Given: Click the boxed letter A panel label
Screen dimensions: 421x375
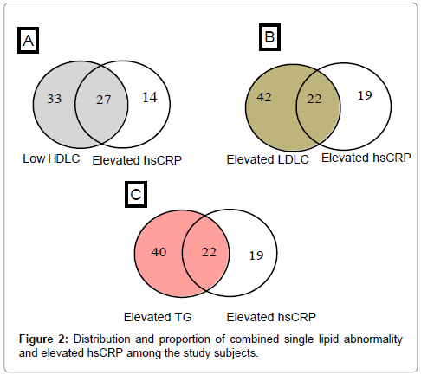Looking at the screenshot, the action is [x=28, y=41].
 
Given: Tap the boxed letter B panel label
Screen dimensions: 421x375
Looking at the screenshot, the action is [x=269, y=37].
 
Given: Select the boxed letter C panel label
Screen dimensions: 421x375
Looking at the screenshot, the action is [x=136, y=194].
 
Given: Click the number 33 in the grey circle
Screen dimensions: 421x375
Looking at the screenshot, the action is [x=55, y=99].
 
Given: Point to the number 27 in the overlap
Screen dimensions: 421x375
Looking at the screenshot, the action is [x=103, y=100].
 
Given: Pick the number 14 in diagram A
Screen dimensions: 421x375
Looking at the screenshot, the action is [x=150, y=97].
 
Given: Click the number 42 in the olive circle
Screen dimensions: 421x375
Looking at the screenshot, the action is [x=264, y=97].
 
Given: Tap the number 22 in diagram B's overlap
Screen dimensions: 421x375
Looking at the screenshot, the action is [x=314, y=99].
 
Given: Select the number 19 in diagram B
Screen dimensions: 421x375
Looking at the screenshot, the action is [x=365, y=95].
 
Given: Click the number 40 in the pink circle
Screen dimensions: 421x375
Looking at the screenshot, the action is [x=159, y=252].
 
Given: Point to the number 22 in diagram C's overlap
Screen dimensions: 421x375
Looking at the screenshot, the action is [x=209, y=252].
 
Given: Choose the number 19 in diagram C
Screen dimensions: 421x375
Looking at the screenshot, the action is [x=256, y=255].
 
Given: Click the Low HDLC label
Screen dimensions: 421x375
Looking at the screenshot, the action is [x=51, y=158].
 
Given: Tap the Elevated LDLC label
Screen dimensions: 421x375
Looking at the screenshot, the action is [x=268, y=159].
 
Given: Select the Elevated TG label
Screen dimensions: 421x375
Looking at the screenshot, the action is [x=158, y=317].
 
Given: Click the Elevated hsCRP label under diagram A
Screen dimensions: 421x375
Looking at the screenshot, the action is [x=137, y=160].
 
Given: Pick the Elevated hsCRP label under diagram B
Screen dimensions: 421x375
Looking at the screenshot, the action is [x=366, y=158].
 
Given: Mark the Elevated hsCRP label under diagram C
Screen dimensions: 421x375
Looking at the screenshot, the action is [x=271, y=317].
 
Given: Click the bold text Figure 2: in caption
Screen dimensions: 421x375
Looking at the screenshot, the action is [x=43, y=339].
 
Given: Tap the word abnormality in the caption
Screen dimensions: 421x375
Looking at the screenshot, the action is [x=373, y=339].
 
